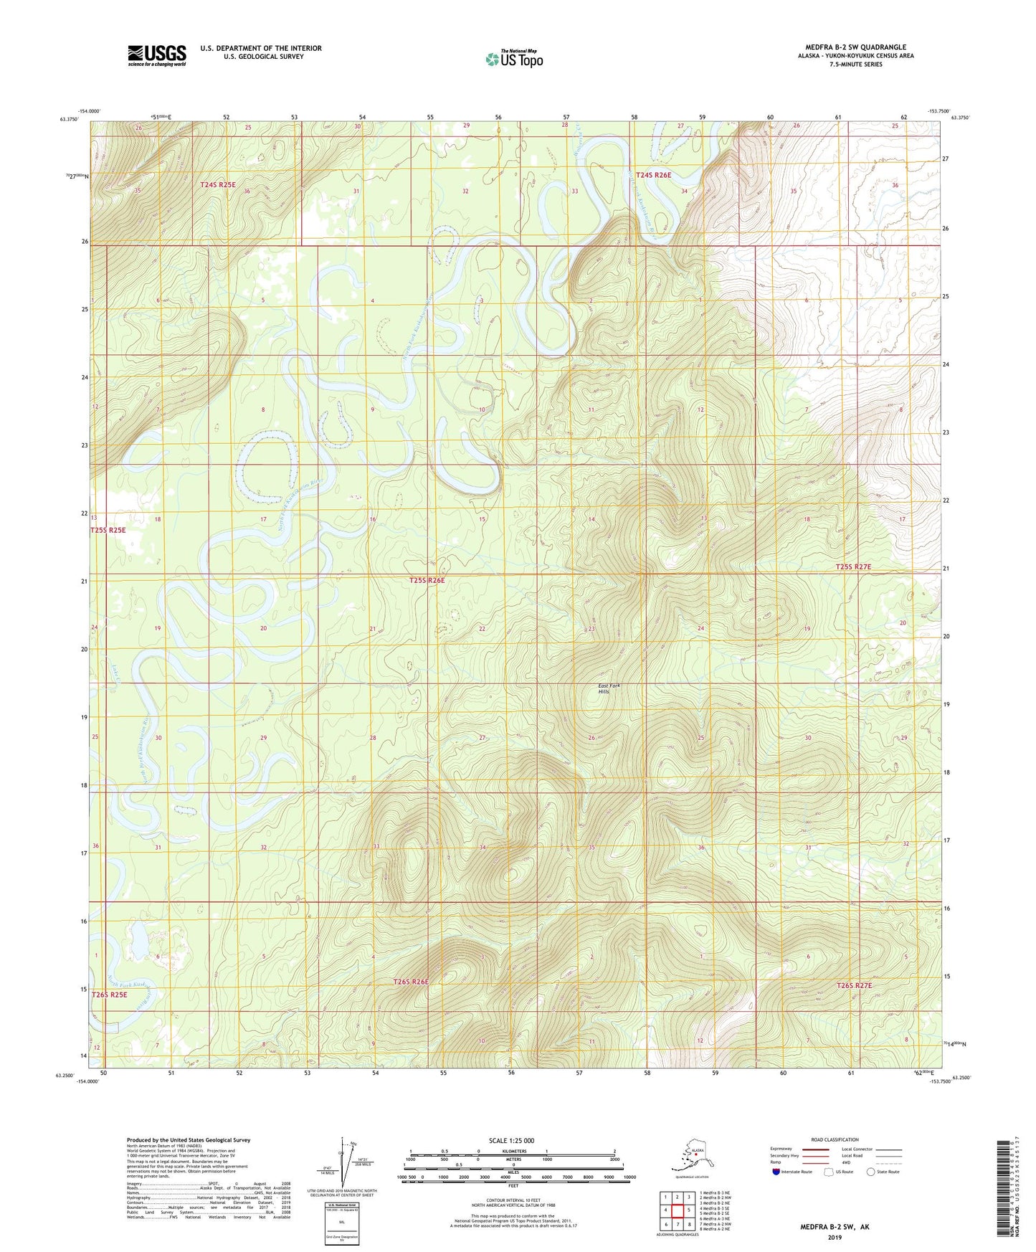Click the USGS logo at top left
point(157,55)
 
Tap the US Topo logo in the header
point(513,59)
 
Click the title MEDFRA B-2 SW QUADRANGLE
point(855,47)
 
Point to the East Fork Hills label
point(609,689)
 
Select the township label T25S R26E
point(427,580)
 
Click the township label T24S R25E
point(217,184)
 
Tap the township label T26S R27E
point(854,985)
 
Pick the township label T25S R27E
point(853,566)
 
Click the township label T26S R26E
point(411,981)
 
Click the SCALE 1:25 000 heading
point(513,1140)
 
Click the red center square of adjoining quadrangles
point(678,1210)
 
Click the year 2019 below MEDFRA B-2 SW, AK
point(835,1237)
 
